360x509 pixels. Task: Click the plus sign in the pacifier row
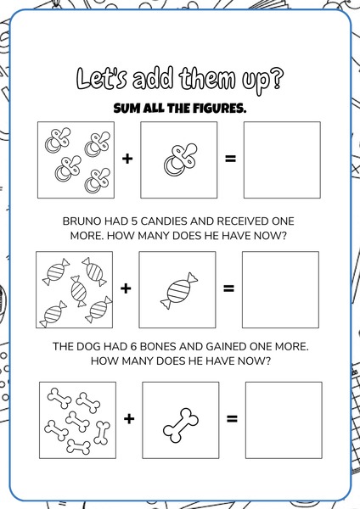point(127,159)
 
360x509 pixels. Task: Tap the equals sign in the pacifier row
point(230,159)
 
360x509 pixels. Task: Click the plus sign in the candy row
point(126,288)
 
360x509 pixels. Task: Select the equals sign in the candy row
point(228,288)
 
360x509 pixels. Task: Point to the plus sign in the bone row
point(129,418)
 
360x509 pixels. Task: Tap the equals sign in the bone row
point(232,418)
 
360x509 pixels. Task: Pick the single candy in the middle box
point(179,291)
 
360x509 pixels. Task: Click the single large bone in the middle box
point(180,425)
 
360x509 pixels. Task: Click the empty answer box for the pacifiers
point(282,159)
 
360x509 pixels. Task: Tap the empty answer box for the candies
point(280,289)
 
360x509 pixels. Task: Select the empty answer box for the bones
point(284,420)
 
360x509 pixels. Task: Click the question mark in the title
point(277,79)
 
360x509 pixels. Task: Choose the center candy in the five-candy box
point(79,291)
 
